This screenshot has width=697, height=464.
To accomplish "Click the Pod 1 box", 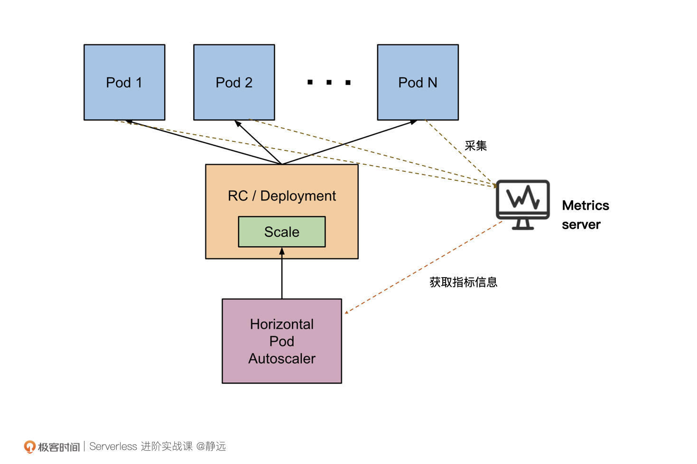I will [124, 82].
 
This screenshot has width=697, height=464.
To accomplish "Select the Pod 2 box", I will [234, 82].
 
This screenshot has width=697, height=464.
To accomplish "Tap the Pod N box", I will [418, 82].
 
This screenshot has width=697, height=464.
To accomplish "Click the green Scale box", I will [282, 232].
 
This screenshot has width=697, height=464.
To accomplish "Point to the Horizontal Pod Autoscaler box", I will [282, 341].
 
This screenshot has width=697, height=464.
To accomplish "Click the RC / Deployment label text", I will [282, 195].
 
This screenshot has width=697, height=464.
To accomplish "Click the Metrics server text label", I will [585, 215].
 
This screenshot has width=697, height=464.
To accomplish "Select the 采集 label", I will [475, 146].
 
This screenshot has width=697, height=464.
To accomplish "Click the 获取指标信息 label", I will [463, 282].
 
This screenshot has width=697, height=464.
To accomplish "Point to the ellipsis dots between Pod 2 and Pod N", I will [329, 83].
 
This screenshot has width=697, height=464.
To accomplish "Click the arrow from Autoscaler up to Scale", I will [282, 275].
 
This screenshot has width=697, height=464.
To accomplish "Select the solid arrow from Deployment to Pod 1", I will [204, 143].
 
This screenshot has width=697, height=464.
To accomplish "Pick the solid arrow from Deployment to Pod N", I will [349, 142].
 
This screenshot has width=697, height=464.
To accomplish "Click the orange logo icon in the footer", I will [30, 446].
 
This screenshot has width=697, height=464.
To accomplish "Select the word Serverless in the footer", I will [113, 446].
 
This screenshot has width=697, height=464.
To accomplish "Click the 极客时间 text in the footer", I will [59, 447].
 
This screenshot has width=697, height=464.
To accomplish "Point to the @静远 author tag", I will [211, 446].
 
